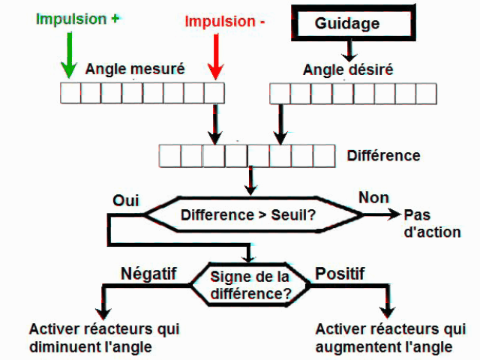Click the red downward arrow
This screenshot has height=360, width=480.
[x=216, y=60]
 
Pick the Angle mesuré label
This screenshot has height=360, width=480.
[x=135, y=70]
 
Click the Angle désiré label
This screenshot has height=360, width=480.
[x=348, y=70]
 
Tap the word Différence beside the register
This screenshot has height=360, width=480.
[x=383, y=156]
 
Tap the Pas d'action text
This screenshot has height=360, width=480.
[x=432, y=223]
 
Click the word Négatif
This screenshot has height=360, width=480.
[x=148, y=274]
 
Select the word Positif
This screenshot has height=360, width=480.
[x=340, y=274]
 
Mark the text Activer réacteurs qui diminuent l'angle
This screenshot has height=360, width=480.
[x=104, y=337]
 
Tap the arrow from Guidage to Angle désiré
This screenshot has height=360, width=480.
[x=348, y=50]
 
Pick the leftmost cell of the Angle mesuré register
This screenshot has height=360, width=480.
[x=70, y=93]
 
